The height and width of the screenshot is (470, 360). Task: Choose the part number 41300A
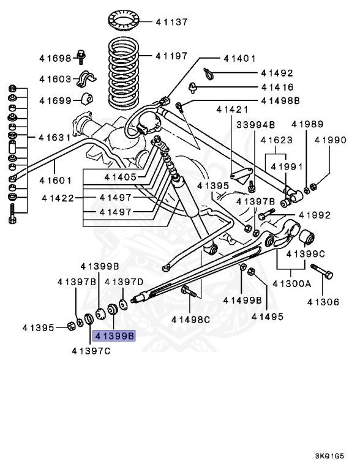click(292, 284)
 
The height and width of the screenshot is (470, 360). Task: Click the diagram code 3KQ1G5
click(334, 456)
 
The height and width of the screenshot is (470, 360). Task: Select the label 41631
click(54, 137)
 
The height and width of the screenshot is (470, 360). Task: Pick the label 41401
click(239, 59)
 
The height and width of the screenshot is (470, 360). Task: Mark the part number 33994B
click(255, 124)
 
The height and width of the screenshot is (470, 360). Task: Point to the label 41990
click(331, 140)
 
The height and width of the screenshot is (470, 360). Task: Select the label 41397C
click(91, 351)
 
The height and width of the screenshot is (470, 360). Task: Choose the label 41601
click(56, 181)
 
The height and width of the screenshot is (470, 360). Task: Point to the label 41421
click(232, 110)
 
